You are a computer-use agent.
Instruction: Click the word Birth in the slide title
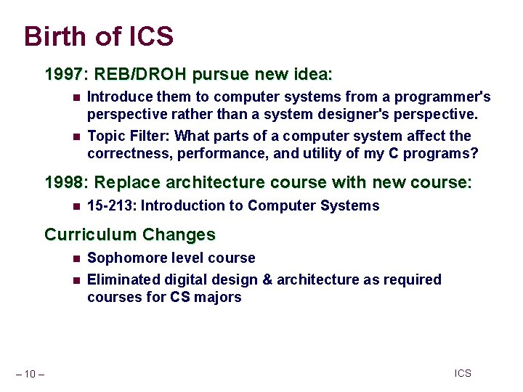tap(54, 36)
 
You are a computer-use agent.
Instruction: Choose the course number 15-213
tap(111, 206)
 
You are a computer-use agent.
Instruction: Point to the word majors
tap(217, 297)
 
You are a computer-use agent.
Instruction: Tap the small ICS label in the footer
tap(463, 374)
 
